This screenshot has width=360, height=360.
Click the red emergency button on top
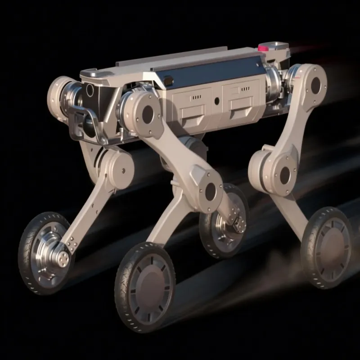264,46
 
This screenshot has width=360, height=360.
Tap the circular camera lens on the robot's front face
90,90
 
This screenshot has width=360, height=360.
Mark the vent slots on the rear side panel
245,90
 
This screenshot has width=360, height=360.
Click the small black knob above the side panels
169,81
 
